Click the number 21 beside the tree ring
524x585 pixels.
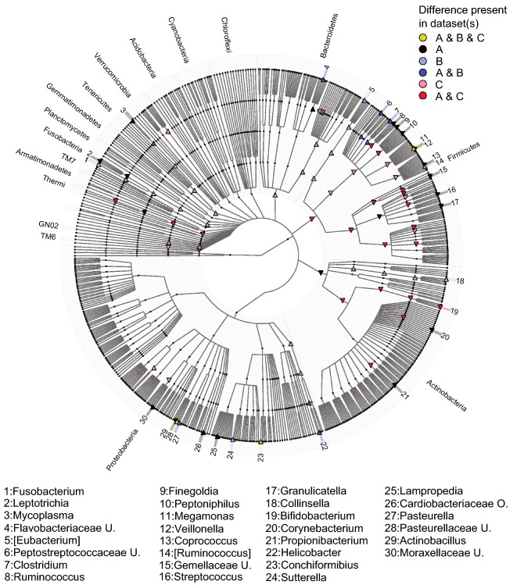[x=405, y=396]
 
